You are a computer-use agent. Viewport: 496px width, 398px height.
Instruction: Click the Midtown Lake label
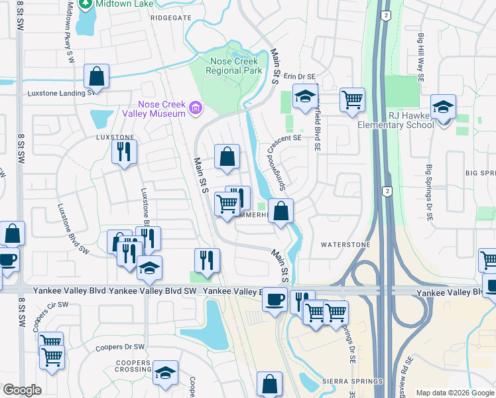(117, 5)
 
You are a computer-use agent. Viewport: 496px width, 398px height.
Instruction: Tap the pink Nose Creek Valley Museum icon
(195, 108)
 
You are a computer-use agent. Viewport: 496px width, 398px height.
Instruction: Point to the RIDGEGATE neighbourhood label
(170, 18)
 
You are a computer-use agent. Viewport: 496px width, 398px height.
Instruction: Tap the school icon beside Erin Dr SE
(305, 97)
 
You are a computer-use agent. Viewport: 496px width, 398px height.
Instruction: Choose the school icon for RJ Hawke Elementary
(443, 106)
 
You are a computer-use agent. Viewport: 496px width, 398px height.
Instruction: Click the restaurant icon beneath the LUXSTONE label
(124, 151)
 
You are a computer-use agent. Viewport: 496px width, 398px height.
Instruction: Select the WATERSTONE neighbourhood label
(345, 245)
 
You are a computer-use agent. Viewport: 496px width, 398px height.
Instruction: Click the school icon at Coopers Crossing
(165, 373)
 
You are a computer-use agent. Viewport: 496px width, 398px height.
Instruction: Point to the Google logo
(21, 390)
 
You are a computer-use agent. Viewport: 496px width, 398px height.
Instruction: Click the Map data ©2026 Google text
(455, 393)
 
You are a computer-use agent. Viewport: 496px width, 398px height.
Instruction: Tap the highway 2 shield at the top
(384, 14)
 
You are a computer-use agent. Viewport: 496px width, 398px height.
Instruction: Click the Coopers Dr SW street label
(119, 347)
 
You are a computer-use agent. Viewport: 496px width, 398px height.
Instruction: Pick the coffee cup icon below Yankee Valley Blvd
(274, 300)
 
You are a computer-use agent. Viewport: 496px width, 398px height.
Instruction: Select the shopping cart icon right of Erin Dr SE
(352, 99)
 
